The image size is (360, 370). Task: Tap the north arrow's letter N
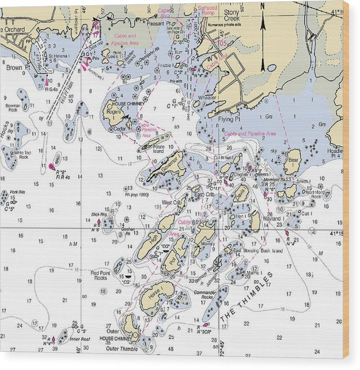[263, 6]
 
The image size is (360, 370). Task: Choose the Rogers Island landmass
[114, 113]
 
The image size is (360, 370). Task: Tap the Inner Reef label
[80, 339]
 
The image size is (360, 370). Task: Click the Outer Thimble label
[122, 349]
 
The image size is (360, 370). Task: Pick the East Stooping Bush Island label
[259, 251]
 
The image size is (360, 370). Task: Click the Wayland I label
[271, 219]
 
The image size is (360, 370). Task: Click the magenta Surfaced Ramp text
[207, 11]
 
